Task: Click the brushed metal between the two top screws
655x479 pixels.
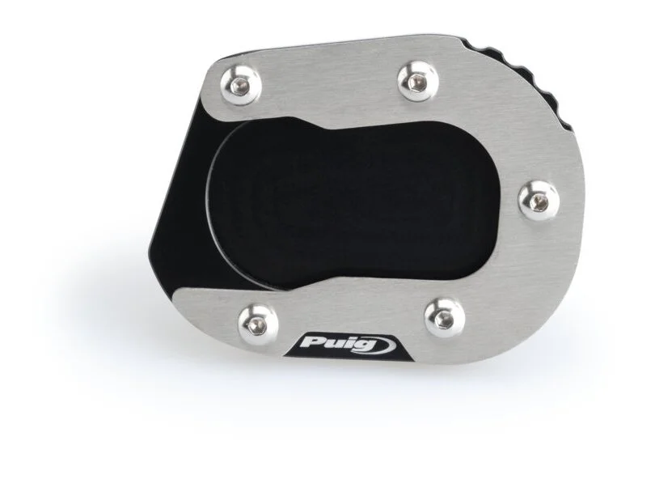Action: tap(332, 81)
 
